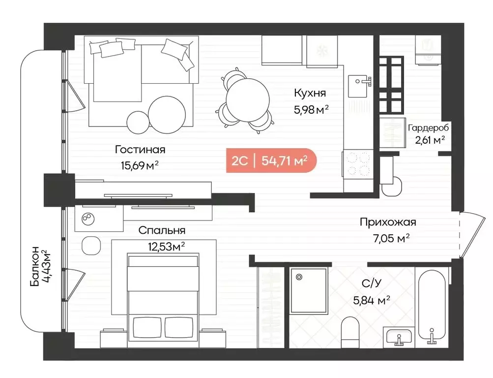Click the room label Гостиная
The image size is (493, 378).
(x=140, y=150)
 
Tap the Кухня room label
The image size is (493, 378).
(x=310, y=93)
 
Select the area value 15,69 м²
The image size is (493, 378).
(x=140, y=165)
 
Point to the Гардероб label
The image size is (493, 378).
(x=428, y=128)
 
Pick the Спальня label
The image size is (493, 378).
(x=162, y=230)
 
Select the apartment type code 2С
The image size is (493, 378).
(x=239, y=160)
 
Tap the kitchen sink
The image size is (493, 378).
(x=359, y=86)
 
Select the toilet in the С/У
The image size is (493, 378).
(x=350, y=331)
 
